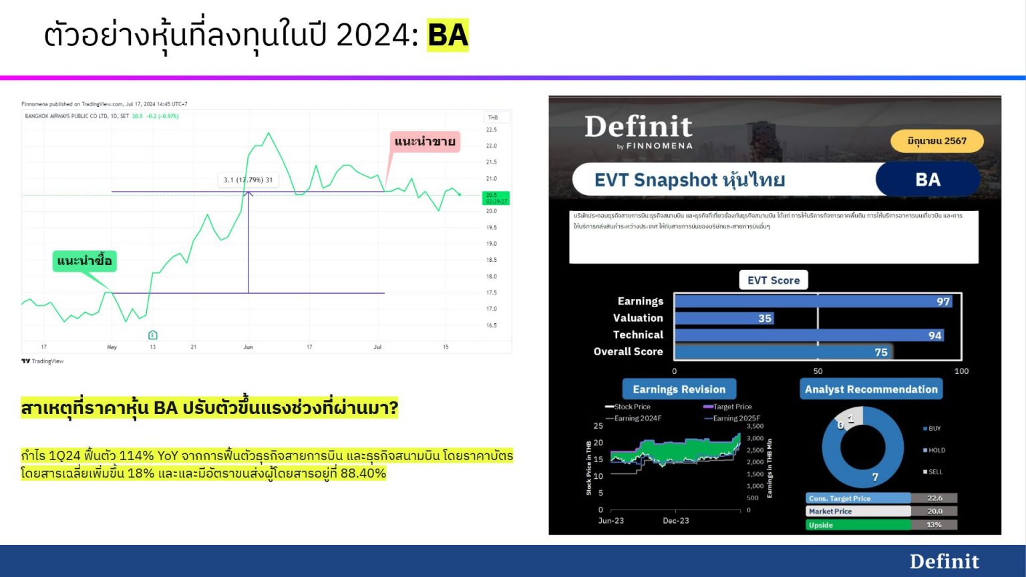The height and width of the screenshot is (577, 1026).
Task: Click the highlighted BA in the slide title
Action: point(448,35)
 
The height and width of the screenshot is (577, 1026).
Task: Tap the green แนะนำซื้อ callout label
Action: point(85,260)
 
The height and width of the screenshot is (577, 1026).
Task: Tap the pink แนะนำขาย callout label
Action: point(425,142)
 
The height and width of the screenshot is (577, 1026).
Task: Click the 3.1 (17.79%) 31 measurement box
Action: point(248,180)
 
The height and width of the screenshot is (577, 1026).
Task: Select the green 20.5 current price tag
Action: point(495,198)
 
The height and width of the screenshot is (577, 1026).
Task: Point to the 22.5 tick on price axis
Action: point(492,130)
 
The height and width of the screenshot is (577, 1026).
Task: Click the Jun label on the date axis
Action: point(248,347)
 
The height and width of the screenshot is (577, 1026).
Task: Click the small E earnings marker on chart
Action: point(152,335)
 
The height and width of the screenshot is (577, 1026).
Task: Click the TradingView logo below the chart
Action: point(43,361)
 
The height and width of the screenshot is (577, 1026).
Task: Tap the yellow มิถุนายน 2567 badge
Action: point(936,141)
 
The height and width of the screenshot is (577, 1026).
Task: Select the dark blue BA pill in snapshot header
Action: point(927,180)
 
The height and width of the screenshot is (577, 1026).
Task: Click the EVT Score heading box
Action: point(774,280)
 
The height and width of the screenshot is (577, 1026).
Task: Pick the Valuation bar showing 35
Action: point(724,319)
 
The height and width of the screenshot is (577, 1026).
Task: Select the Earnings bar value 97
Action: point(943,302)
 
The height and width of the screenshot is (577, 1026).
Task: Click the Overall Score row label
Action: point(628,352)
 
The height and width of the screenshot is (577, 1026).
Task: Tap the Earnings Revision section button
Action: point(679,389)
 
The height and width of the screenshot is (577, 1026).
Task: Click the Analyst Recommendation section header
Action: point(871,389)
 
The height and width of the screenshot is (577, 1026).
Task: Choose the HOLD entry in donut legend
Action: point(936,450)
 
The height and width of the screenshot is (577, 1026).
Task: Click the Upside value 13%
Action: point(934,525)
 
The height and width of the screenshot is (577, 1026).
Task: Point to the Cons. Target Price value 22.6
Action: point(934,498)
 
